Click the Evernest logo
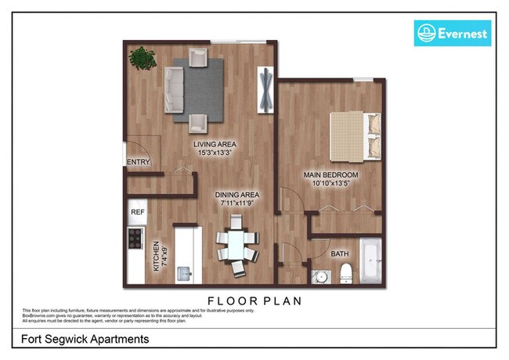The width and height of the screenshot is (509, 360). click(x=452, y=33)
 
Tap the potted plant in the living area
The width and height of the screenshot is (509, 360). click(x=143, y=58)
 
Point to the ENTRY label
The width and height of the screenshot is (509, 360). click(x=137, y=163)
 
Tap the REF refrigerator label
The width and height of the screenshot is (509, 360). click(x=138, y=211)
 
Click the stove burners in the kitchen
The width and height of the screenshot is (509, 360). click(x=135, y=236)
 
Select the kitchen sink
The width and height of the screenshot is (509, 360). click(x=184, y=273)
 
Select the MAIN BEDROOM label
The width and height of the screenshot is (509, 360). click(x=331, y=174)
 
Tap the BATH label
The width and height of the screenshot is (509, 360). click(x=340, y=254)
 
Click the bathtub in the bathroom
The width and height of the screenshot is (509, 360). click(x=370, y=262)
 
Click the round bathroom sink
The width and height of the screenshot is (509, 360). click(x=320, y=275)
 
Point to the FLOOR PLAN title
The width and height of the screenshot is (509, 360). click(x=254, y=300)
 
